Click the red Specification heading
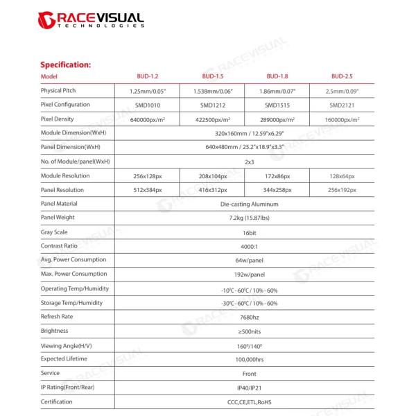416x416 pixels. point(66,64)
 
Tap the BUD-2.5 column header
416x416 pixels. point(343,76)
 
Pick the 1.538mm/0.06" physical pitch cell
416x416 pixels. point(212,91)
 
